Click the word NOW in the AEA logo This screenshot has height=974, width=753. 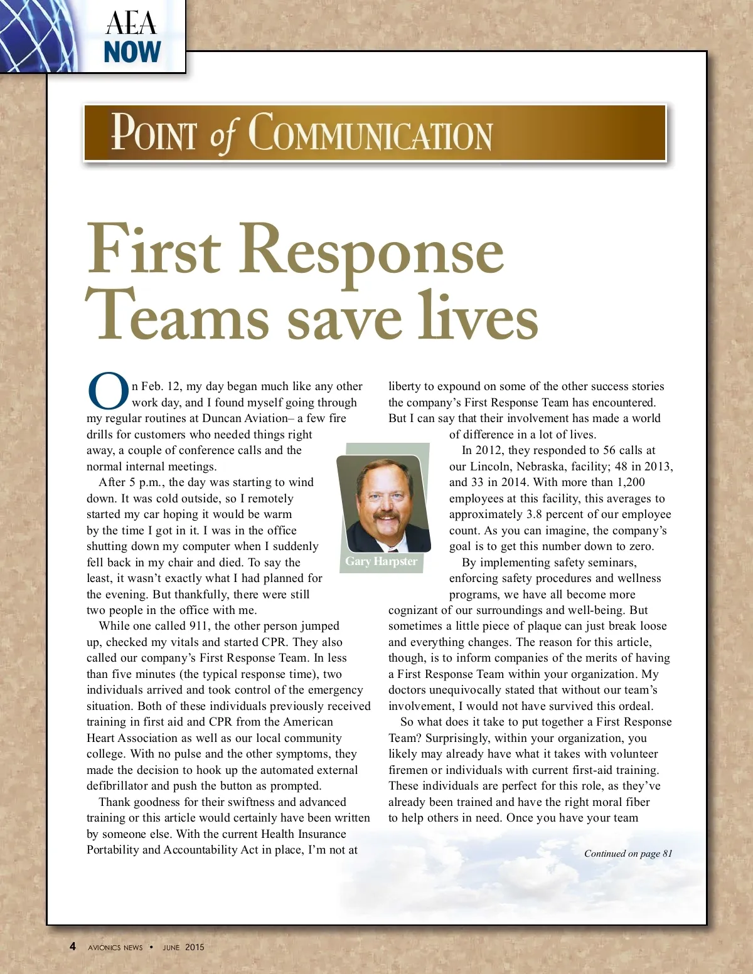(x=132, y=52)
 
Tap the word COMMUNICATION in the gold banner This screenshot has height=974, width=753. (x=370, y=134)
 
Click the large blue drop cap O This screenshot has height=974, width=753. (x=108, y=390)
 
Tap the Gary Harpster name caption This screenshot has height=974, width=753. (x=381, y=561)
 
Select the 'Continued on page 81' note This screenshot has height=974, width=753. (x=627, y=854)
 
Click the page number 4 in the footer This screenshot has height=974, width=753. (x=73, y=946)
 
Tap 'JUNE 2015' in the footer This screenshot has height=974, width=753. (x=183, y=948)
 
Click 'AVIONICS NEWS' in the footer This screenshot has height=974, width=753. (x=115, y=948)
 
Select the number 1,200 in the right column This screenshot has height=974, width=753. (x=631, y=482)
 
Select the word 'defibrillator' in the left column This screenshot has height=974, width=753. (x=118, y=786)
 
